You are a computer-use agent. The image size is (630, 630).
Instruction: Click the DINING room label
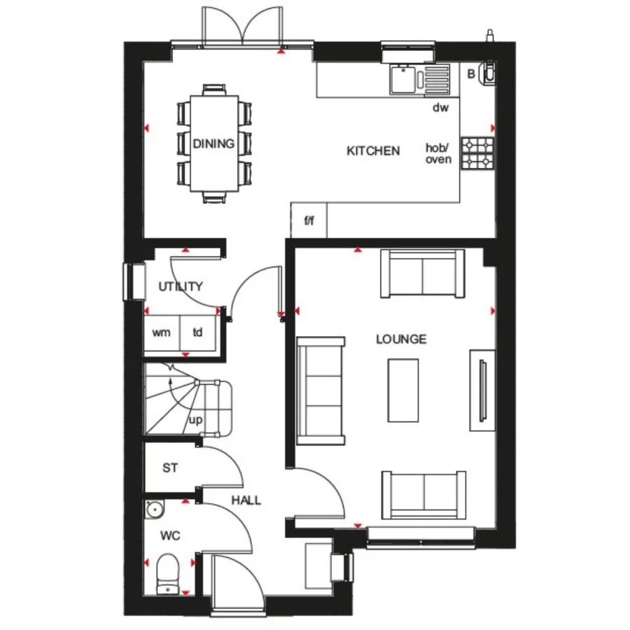tap(213, 144)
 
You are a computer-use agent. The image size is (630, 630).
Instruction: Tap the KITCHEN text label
tap(374, 150)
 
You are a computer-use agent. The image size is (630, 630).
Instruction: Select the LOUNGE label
tap(401, 339)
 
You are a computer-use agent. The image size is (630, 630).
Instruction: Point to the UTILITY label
tap(181, 286)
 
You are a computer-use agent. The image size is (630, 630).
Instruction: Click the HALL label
tap(246, 500)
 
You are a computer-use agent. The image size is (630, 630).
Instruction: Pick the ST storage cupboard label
tap(170, 468)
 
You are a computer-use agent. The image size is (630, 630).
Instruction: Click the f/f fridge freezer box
tap(309, 222)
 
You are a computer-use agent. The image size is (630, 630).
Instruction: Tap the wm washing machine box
tap(162, 332)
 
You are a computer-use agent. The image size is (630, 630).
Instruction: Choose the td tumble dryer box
tap(198, 332)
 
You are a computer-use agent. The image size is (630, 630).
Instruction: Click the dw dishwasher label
tap(440, 108)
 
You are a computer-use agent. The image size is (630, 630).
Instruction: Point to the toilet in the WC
tap(169, 573)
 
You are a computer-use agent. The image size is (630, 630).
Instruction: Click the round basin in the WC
tap(153, 510)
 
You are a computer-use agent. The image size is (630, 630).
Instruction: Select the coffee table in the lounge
tap(403, 390)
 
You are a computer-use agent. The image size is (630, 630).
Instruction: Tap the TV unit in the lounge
tap(482, 389)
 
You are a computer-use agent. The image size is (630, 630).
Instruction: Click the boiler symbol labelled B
tap(489, 73)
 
